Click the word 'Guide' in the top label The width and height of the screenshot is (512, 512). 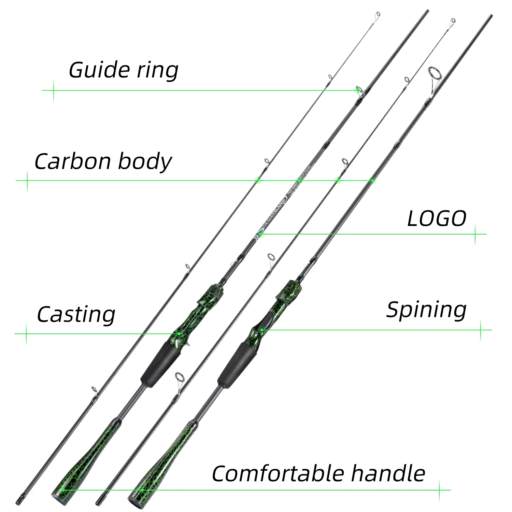coord(100,70)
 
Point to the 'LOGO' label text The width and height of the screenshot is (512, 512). coord(437,219)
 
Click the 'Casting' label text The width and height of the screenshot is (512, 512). coord(76,314)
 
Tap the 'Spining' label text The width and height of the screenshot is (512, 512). coord(426,310)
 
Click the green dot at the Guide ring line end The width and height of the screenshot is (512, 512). coord(357,90)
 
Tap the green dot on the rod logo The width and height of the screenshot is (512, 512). coord(260,234)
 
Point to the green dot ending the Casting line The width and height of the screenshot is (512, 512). coord(179,333)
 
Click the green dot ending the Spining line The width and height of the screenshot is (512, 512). coord(261,330)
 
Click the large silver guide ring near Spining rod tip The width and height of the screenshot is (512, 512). coord(434,74)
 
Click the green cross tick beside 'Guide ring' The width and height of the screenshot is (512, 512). coord(54,90)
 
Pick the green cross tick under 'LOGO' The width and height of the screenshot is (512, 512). coord(475,234)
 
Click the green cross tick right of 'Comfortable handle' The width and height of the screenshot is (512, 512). coord(439,490)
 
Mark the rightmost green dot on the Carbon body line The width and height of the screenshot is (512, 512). coord(373,180)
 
